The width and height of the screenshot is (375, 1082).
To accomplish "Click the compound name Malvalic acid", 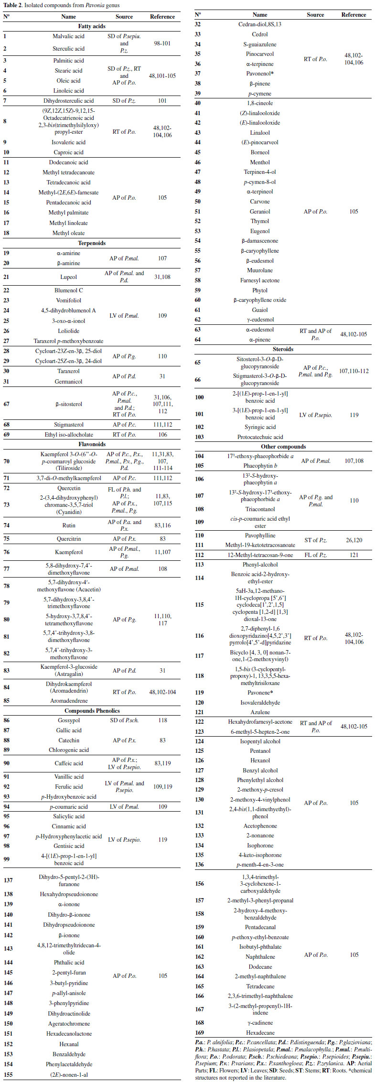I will pyautogui.click(x=68, y=36).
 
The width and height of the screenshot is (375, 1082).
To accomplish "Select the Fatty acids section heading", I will pyautogui.click(x=92, y=26).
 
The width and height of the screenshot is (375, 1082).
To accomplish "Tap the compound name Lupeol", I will pyautogui.click(x=68, y=277).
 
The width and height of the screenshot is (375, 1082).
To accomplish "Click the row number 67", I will pyautogui.click(x=7, y=404).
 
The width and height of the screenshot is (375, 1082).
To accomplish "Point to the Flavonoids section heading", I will pyautogui.click(x=92, y=444).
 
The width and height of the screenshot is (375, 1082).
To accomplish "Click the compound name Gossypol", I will pyautogui.click(x=68, y=720).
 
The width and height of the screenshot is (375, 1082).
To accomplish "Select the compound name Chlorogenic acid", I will pyautogui.click(x=68, y=750).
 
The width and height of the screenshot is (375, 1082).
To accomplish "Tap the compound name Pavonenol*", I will pyautogui.click(x=260, y=74).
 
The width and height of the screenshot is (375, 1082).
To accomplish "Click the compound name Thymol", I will pyautogui.click(x=260, y=221).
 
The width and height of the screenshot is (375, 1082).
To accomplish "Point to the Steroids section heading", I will pyautogui.click(x=283, y=349).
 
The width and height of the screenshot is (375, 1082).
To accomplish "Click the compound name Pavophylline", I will pyautogui.click(x=260, y=536).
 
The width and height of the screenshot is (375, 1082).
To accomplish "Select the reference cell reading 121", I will pyautogui.click(x=354, y=555).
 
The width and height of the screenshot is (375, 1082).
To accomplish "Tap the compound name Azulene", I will pyautogui.click(x=260, y=712).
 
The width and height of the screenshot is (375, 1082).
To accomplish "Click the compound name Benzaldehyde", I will pyautogui.click(x=68, y=1054).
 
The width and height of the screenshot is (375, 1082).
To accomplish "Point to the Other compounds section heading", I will pyautogui.click(x=283, y=447).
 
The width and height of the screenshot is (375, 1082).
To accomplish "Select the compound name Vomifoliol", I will pyautogui.click(x=68, y=300).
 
